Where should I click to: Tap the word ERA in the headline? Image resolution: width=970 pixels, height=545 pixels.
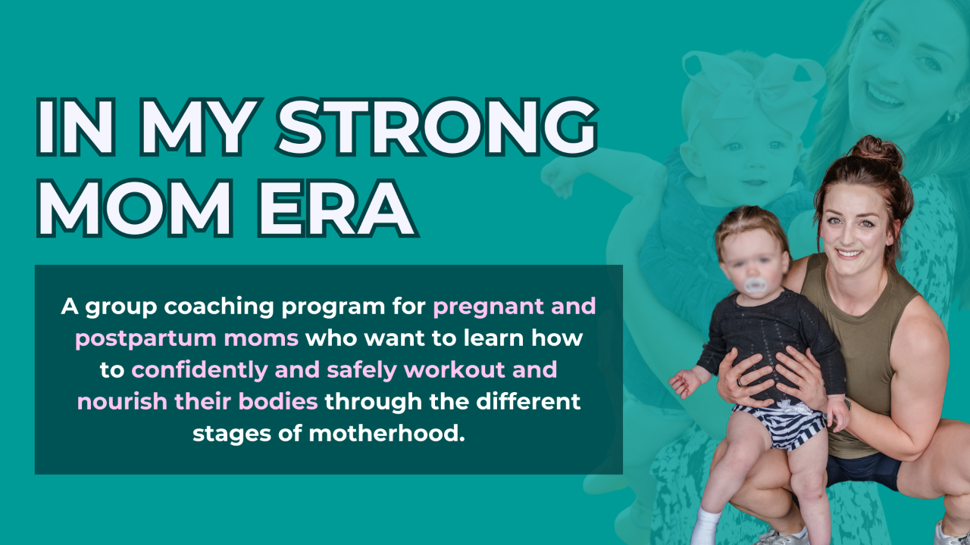point(338,209)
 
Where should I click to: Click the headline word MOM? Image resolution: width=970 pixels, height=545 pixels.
point(135,209)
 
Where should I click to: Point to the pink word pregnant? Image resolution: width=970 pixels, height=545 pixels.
point(489,307)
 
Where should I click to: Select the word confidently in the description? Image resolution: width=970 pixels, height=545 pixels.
point(199,370)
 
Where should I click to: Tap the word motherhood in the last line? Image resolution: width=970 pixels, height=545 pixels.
point(386,434)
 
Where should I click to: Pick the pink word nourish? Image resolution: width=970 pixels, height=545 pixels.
point(123,402)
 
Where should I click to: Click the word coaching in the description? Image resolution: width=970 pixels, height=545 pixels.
point(219,307)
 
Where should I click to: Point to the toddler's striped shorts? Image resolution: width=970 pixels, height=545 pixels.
point(780,425)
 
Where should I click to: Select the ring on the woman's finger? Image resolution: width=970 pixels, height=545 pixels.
point(740,382)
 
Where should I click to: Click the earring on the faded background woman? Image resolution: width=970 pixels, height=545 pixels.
point(953,117)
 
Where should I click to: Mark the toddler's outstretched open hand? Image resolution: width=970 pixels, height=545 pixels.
point(687,383)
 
